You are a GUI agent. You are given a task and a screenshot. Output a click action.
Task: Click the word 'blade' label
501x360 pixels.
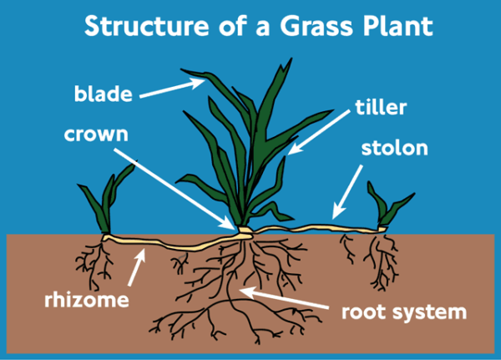[104, 94]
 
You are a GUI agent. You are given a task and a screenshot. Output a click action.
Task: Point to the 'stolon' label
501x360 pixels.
[394, 150]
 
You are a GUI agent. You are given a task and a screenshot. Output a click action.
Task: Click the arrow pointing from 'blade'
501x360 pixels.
[172, 88]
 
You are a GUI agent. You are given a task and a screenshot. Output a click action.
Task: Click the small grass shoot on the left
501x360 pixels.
[111, 200]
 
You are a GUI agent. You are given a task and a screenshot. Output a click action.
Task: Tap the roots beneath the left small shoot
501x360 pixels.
[94, 259]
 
